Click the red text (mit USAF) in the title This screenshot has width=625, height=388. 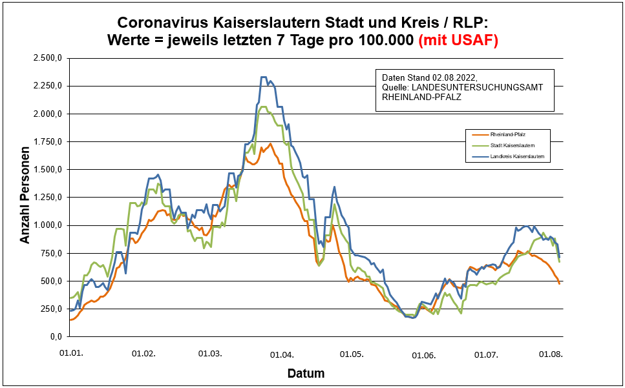pos(458,40)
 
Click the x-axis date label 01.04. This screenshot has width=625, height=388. pos(282,354)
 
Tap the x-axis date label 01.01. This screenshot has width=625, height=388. pos(70,354)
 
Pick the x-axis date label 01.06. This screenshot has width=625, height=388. pos(423,355)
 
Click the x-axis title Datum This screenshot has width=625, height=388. pos(306,374)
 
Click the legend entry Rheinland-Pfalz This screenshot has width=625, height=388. pos(511,134)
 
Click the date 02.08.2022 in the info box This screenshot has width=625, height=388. pos(454,76)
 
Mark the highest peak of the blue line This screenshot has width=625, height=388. pos(264,77)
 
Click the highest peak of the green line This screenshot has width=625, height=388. pos(264,107)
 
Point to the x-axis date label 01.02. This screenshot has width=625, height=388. pos(143,354)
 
